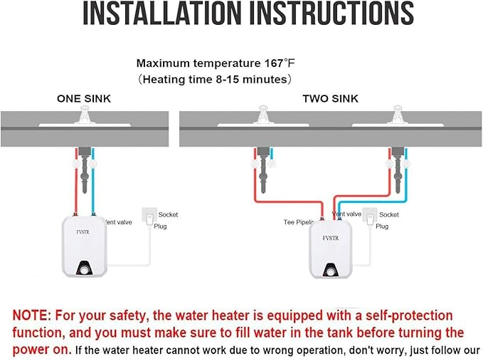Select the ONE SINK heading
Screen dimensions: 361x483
click(x=84, y=99)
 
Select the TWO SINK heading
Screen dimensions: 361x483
click(x=330, y=99)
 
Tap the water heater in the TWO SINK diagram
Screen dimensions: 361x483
click(x=330, y=250)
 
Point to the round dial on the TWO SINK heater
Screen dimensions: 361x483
click(x=331, y=271)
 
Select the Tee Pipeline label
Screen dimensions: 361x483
click(x=299, y=222)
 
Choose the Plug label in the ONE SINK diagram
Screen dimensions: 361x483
click(x=160, y=226)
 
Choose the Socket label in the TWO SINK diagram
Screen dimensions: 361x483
click(x=388, y=214)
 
